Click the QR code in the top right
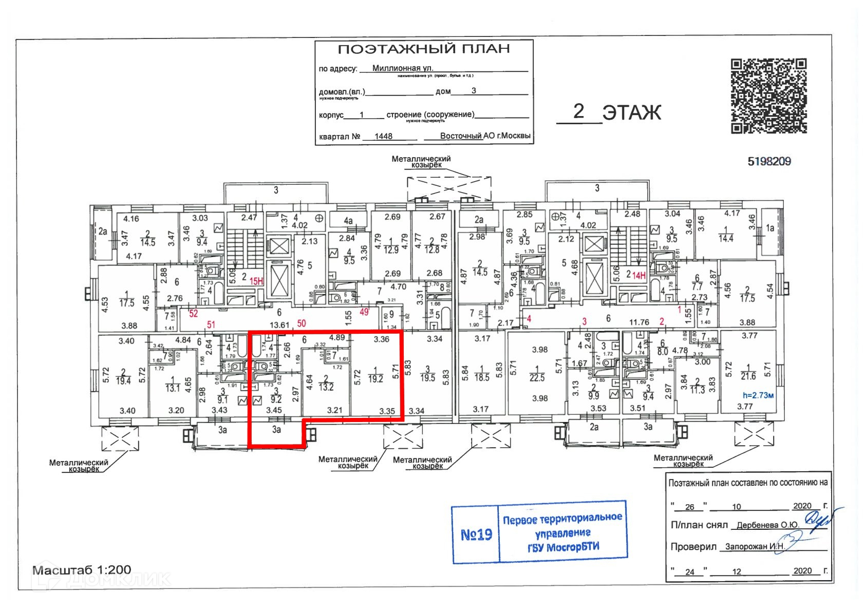point(768,96)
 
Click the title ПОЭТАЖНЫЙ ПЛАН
point(423,49)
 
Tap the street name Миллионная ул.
point(402,68)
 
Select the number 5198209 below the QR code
point(769,162)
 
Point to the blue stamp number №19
point(476,535)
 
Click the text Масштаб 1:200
point(82,570)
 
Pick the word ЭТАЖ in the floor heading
point(631,112)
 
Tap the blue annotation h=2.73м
point(758,395)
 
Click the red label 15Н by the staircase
point(256,281)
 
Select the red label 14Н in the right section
point(639,276)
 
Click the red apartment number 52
point(193,313)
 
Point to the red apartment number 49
point(364,312)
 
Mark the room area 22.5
point(537,378)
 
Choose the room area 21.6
point(748,376)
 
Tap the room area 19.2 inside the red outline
point(375,379)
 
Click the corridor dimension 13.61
point(279,324)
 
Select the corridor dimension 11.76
point(639,322)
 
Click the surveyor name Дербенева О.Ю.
point(767,525)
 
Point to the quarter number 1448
point(383,137)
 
